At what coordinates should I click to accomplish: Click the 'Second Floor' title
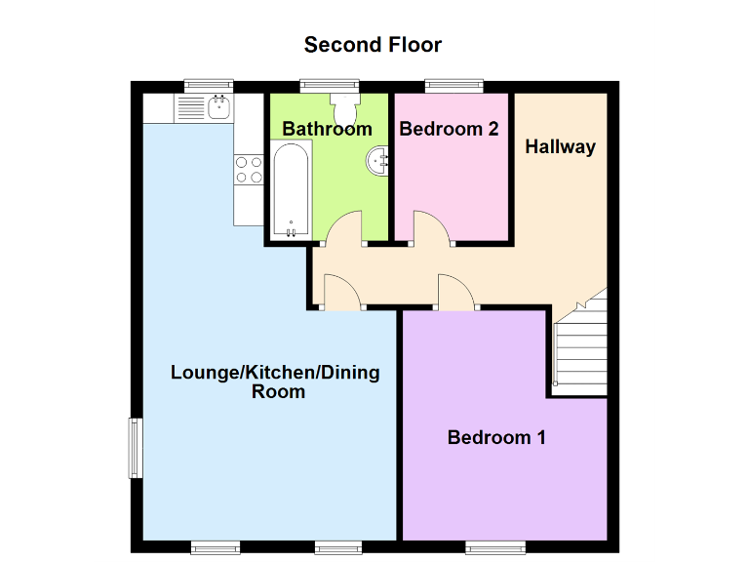pyautogui.click(x=373, y=45)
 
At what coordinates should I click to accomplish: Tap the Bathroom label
pyautogui.click(x=327, y=129)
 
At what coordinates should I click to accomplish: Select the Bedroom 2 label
pyautogui.click(x=449, y=129)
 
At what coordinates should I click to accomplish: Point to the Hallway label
pyautogui.click(x=560, y=147)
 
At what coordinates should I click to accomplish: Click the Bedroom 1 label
pyautogui.click(x=496, y=437)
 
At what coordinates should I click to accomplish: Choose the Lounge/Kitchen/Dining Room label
pyautogui.click(x=275, y=381)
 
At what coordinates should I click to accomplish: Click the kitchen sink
pyautogui.click(x=217, y=106)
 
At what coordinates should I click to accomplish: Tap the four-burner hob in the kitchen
pyautogui.click(x=248, y=171)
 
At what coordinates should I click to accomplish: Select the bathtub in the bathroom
pyautogui.click(x=292, y=190)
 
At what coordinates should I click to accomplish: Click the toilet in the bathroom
pyautogui.click(x=344, y=103)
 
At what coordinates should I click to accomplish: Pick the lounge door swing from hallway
pyautogui.click(x=341, y=292)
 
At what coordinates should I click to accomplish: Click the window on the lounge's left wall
pyautogui.click(x=135, y=448)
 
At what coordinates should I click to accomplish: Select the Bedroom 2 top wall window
pyautogui.click(x=454, y=86)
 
